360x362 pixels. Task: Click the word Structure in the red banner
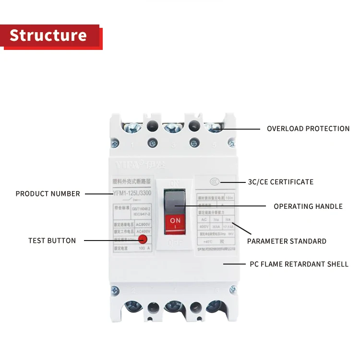click(48, 36)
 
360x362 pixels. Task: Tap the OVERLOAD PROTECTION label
click(308, 129)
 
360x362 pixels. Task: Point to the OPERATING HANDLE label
click(308, 206)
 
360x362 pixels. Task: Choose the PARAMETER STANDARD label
click(287, 241)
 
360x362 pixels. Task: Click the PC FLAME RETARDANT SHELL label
click(299, 264)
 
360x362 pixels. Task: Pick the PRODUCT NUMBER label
click(48, 194)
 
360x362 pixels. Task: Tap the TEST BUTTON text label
click(52, 241)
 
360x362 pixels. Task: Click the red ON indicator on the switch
click(175, 223)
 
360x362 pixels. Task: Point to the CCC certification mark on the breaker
click(215, 182)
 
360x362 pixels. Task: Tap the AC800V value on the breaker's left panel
click(144, 224)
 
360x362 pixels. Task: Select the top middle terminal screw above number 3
click(173, 127)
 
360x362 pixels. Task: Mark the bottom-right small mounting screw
click(233, 290)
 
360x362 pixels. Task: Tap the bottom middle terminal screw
click(173, 306)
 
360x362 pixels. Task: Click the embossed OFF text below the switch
click(175, 243)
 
